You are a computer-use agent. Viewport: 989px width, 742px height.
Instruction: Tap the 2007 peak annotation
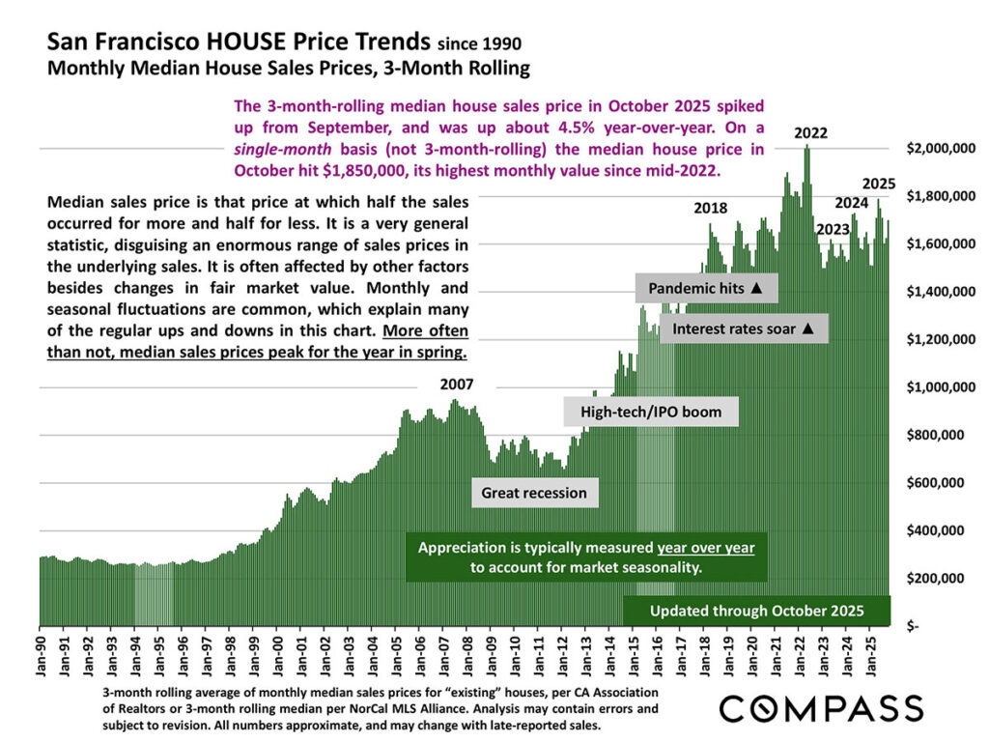click(x=457, y=384)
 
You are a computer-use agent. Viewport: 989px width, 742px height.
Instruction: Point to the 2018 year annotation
click(x=711, y=208)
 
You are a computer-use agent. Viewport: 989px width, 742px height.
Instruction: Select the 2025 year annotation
click(x=878, y=184)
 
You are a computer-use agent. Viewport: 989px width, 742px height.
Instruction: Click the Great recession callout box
click(x=534, y=493)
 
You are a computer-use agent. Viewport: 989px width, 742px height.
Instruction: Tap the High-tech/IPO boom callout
click(x=651, y=413)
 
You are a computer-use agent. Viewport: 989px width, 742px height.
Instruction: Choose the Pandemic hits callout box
click(x=706, y=288)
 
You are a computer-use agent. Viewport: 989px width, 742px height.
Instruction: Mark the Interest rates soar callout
click(x=744, y=328)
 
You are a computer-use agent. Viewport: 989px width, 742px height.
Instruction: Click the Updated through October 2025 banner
click(x=755, y=611)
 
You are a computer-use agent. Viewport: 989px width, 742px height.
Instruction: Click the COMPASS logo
click(x=820, y=707)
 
